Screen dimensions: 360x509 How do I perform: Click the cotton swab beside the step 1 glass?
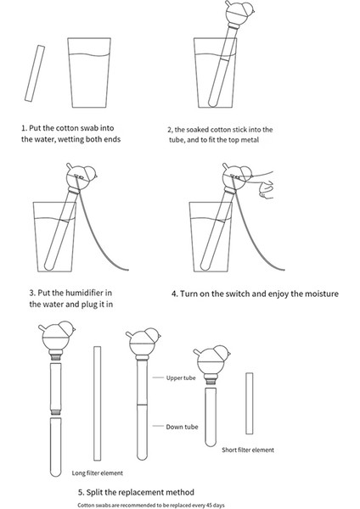[x=35, y=73]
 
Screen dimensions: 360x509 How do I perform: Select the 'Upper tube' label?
[x=181, y=378]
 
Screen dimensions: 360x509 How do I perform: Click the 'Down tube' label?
[x=182, y=427]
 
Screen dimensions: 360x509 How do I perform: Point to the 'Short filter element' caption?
[x=248, y=450]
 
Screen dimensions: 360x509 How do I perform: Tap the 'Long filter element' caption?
[x=98, y=473]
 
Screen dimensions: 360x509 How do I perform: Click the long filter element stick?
[x=97, y=404]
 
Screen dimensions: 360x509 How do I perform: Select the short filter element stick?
[x=250, y=404]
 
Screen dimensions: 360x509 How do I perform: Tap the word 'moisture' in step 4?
[x=321, y=294]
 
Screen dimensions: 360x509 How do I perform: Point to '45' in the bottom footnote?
[x=210, y=505]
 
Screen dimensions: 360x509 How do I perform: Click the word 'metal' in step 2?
[x=250, y=140]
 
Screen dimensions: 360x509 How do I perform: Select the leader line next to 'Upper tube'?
[x=158, y=378]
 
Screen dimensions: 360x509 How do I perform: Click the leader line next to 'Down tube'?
[x=158, y=426]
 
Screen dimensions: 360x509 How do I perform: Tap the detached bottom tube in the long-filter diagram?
[x=55, y=447]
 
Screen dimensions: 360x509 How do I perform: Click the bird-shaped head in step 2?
[x=239, y=12]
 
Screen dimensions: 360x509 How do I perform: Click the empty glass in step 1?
[x=89, y=73]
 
